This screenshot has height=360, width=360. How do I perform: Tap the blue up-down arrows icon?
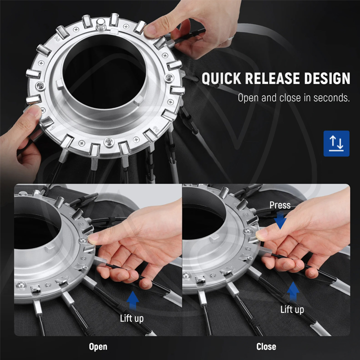tap(336, 143)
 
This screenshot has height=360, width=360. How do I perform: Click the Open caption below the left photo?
tap(98, 347)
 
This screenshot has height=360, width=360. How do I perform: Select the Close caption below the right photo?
tap(266, 346)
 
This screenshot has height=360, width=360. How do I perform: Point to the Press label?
tap(280, 205)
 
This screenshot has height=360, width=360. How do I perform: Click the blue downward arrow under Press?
tap(280, 220)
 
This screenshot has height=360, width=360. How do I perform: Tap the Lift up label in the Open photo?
tap(132, 318)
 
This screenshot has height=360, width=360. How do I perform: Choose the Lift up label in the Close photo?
tap(292, 309)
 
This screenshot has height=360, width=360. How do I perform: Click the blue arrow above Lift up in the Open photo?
tap(132, 300)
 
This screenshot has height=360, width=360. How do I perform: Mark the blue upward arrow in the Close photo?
tap(293, 291)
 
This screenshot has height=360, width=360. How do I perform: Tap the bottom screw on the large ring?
tap(109, 142)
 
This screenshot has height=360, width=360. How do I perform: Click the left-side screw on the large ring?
tap(41, 86)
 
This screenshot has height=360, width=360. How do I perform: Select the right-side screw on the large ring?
tap(169, 77)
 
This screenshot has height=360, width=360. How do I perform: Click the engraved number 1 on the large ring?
tap(52, 128)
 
